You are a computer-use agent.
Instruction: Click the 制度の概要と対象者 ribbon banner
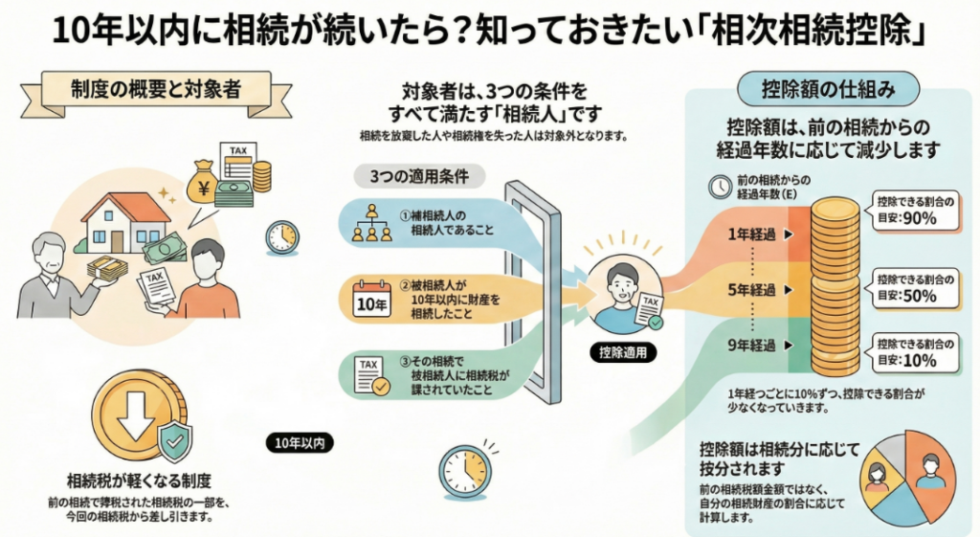pos(155,90)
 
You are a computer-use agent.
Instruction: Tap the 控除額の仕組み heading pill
pos(828,90)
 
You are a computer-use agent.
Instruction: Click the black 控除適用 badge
pos(622,351)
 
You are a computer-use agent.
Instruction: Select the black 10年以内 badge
pos(300,442)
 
